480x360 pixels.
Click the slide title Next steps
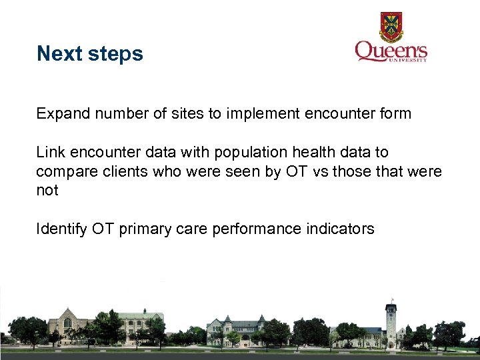tap(90, 53)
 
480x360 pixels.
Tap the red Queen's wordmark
tap(390, 51)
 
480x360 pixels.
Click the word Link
tap(49, 153)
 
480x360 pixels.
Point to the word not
tap(47, 191)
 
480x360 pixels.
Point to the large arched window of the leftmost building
tap(67, 323)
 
